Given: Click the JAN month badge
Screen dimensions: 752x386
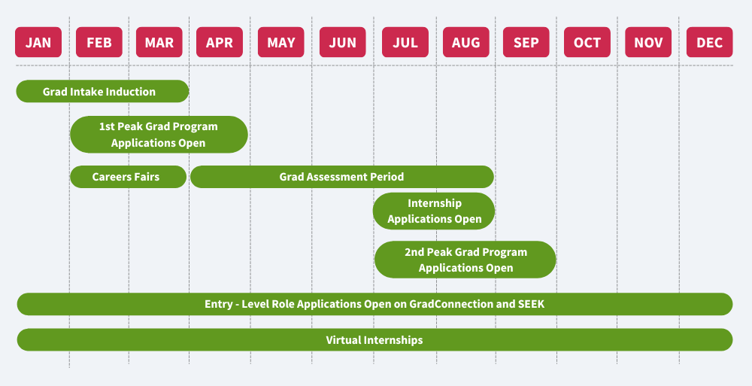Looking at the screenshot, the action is pos(38,42).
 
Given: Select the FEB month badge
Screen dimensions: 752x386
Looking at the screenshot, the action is pos(99,42).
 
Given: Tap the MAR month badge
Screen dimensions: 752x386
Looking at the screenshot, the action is pos(159,42).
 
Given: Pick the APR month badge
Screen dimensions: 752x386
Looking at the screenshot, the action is pos(220,42).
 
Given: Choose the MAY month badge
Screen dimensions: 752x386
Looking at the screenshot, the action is pos(281,42).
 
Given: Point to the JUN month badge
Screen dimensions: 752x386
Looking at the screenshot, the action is pos(342,42).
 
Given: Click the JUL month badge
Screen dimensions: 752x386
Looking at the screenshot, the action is pos(405,42).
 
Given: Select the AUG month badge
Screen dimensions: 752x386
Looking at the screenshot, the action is pos(466,42).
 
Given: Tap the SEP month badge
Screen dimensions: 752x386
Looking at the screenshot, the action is pos(526,42).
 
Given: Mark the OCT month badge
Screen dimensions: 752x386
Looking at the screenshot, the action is pos(587,42).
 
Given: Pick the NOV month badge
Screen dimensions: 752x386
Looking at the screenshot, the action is pos(648,42).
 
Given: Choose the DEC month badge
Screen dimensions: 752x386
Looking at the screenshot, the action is pos(710,42).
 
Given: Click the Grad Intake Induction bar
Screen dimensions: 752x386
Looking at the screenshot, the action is pos(102,91).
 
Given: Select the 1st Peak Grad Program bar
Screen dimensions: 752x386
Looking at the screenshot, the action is pos(159,135).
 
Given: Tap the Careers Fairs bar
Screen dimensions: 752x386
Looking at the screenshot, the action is pos(128,177).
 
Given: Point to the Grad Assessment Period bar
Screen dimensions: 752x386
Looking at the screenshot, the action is pos(342,177).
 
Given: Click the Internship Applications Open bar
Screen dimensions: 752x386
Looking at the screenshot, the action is pos(434,211).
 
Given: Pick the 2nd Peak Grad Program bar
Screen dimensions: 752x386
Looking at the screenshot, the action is pos(465,260).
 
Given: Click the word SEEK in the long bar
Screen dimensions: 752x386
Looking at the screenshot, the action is pos(532,304).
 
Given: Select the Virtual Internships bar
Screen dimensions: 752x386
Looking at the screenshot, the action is pos(374,340).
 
